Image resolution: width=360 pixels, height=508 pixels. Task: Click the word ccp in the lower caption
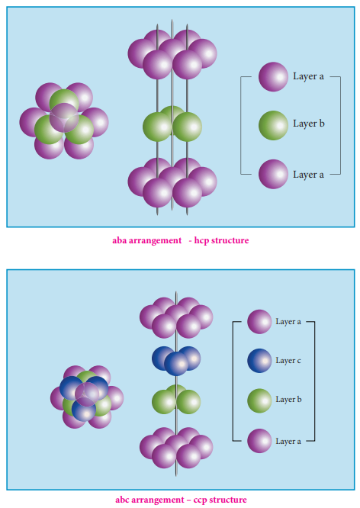pyautogui.click(x=201, y=500)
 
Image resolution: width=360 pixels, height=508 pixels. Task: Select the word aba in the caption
pyautogui.click(x=119, y=240)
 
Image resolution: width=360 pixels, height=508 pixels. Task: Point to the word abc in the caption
pyautogui.click(x=122, y=500)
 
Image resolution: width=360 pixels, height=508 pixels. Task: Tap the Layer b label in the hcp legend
pyautogui.click(x=308, y=124)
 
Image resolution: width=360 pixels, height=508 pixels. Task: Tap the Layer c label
pyautogui.click(x=288, y=360)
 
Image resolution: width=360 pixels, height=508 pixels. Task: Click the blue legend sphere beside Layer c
pyautogui.click(x=259, y=361)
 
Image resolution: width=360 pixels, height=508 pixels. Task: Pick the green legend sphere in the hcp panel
pyautogui.click(x=273, y=125)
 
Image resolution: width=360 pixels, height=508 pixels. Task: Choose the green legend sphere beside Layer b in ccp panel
pyautogui.click(x=259, y=400)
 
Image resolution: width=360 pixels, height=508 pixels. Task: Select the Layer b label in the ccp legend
pyautogui.click(x=288, y=399)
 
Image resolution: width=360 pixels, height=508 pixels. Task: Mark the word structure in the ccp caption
pyautogui.click(x=228, y=500)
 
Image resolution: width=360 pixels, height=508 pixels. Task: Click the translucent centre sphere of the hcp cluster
pyautogui.click(x=64, y=117)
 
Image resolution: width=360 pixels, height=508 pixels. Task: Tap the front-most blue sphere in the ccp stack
pyautogui.click(x=176, y=364)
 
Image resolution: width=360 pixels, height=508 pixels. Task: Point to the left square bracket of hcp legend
pyautogui.click(x=241, y=125)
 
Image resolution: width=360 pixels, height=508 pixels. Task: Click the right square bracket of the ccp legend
pyautogui.click(x=314, y=381)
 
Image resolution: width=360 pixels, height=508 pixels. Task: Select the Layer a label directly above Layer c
pyautogui.click(x=288, y=321)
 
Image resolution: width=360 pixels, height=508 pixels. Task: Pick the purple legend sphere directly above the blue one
pyautogui.click(x=259, y=322)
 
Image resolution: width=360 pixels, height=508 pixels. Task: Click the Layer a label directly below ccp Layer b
pyautogui.click(x=288, y=442)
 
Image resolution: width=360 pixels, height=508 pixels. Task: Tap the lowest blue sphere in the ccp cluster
pyautogui.click(x=84, y=409)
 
